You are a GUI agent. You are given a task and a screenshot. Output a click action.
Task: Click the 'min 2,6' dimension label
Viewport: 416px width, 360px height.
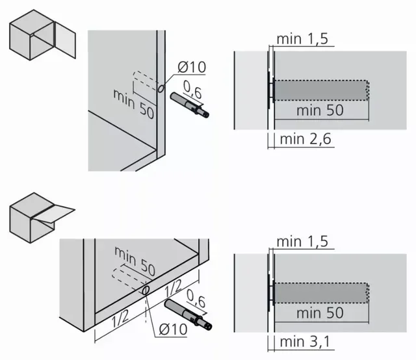(x=305, y=139)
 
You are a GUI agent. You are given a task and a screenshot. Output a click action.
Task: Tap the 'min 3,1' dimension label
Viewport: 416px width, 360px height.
(x=305, y=342)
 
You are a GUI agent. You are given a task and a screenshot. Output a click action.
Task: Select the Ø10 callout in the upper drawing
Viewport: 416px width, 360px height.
(x=192, y=67)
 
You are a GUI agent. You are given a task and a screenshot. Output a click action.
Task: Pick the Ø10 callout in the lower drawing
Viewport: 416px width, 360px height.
(x=173, y=329)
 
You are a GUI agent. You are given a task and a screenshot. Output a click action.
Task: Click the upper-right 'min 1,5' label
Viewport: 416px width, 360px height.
(x=302, y=39)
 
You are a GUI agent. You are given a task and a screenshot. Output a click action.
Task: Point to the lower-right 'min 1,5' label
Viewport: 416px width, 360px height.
(x=302, y=242)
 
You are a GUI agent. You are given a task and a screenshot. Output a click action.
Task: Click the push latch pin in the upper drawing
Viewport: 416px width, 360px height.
(x=190, y=105)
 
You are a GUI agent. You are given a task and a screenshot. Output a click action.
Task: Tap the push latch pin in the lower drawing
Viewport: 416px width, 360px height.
(x=188, y=315)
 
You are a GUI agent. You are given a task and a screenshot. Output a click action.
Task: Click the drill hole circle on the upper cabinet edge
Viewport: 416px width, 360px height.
(x=161, y=88)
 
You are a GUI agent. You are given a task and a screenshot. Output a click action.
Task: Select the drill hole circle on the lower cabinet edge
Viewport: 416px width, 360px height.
(x=146, y=290)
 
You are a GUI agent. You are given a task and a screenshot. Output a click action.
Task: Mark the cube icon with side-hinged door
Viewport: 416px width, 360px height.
(x=42, y=34)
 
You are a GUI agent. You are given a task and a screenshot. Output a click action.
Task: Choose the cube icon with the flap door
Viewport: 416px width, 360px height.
(x=42, y=218)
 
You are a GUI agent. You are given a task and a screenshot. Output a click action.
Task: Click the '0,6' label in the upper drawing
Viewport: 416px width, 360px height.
(x=193, y=90)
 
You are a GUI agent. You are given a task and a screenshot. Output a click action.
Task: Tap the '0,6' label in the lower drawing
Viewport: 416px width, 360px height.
(x=196, y=298)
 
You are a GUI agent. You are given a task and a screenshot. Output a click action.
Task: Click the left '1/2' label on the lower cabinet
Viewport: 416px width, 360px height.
(x=120, y=318)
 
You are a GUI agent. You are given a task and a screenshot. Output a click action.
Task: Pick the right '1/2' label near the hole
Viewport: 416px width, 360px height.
(x=174, y=289)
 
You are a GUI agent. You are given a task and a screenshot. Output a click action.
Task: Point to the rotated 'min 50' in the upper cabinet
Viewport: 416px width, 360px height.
(x=133, y=104)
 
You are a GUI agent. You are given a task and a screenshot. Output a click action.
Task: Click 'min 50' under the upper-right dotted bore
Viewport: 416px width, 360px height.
(x=320, y=110)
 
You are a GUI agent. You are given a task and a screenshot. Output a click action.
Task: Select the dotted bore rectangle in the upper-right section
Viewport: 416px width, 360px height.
(x=321, y=90)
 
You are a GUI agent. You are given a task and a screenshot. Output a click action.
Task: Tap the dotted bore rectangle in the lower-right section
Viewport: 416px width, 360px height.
(x=321, y=293)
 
